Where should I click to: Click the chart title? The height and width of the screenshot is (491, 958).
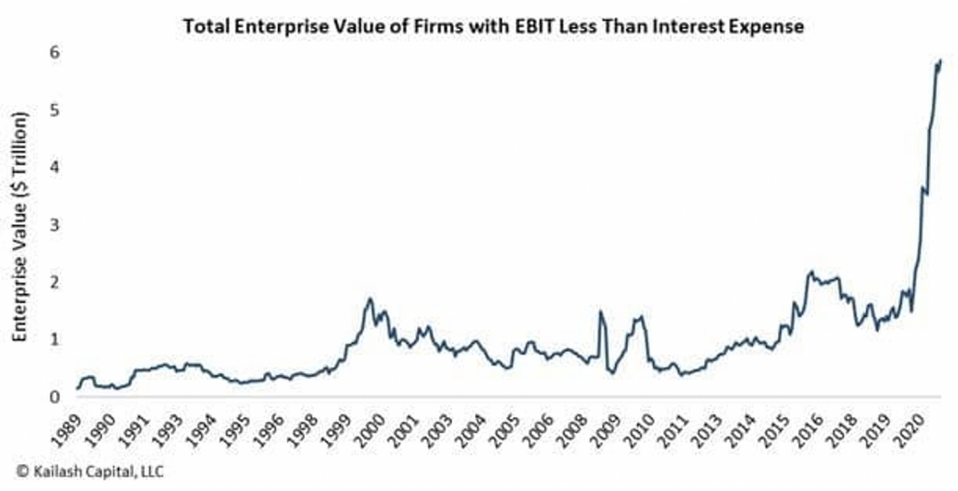tap(493, 27)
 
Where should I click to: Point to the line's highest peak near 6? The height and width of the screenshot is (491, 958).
tap(938, 62)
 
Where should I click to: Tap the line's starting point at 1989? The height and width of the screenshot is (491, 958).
tap(78, 388)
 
